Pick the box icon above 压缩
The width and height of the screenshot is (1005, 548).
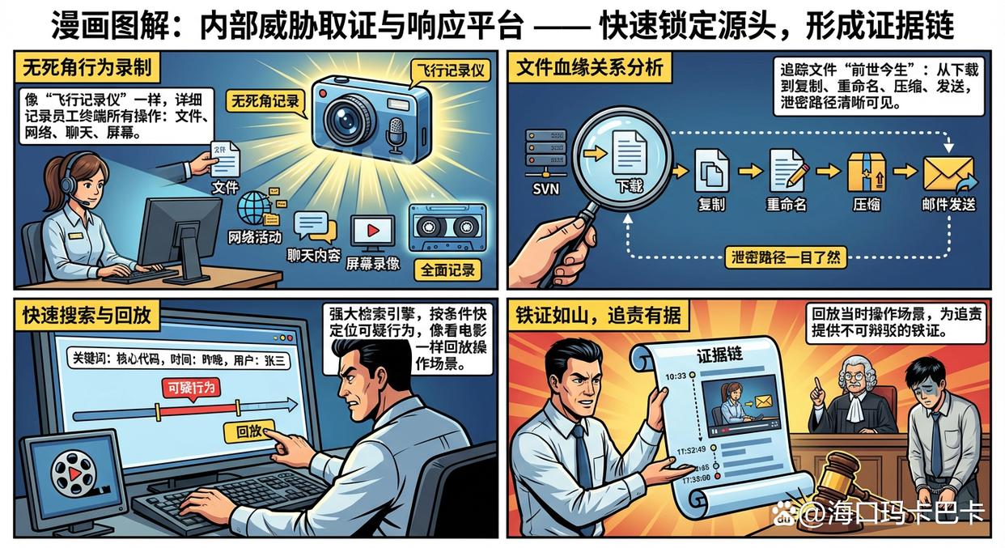pyautogui.click(x=867, y=171)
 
